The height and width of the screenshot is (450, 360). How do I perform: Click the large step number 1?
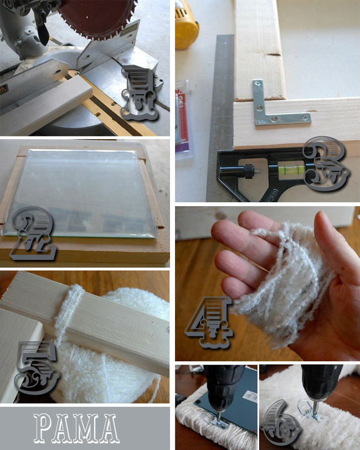[x=140, y=93]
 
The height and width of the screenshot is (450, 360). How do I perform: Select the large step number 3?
[x=326, y=163]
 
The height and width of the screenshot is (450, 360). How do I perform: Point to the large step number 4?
[x=209, y=323]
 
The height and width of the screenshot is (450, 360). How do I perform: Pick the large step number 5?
[x=37, y=367]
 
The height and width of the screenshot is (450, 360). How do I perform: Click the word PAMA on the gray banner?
[x=75, y=428]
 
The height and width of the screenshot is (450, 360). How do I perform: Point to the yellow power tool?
[x=187, y=24]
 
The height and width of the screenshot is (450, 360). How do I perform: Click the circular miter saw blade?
[x=97, y=17]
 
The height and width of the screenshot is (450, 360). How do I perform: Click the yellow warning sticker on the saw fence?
[x=3, y=90]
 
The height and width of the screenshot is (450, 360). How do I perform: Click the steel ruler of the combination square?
[x=221, y=115]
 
